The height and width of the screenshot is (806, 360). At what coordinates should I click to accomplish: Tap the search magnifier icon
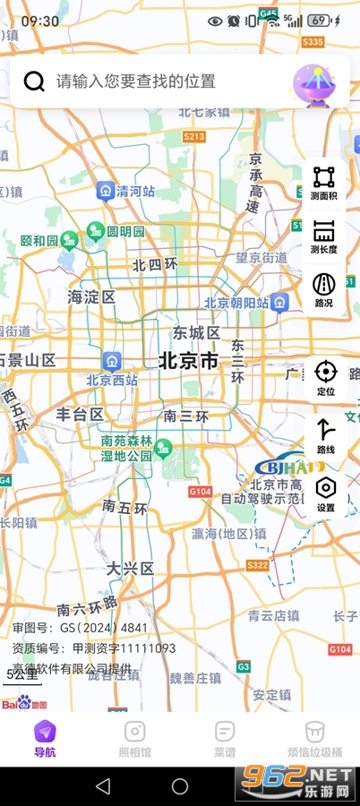[x=34, y=81]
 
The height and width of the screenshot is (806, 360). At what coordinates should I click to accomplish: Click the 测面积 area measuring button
[x=324, y=183]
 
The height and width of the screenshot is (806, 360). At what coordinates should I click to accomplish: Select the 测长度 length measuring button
[x=324, y=236]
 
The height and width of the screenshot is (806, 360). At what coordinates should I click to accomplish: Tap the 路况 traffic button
[x=324, y=290]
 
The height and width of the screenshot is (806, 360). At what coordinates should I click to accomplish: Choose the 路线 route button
[x=325, y=435]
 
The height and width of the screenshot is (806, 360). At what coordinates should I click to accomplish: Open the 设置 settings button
[x=325, y=493]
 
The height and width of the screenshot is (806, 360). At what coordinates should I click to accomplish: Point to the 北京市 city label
[x=188, y=361]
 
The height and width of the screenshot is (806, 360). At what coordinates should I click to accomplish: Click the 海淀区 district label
[x=92, y=296]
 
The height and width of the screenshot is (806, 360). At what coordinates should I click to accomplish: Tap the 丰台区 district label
[x=81, y=414]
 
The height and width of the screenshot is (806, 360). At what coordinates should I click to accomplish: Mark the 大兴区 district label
[x=131, y=568]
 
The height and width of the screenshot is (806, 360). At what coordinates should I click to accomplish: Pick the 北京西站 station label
[x=112, y=380]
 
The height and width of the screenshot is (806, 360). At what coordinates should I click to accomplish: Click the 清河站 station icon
[x=107, y=191]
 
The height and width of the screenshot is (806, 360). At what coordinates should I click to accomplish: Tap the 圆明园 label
[x=125, y=232]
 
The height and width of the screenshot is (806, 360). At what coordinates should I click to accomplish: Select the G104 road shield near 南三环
[x=199, y=492]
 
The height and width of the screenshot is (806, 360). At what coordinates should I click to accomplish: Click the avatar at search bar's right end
[x=313, y=81]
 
